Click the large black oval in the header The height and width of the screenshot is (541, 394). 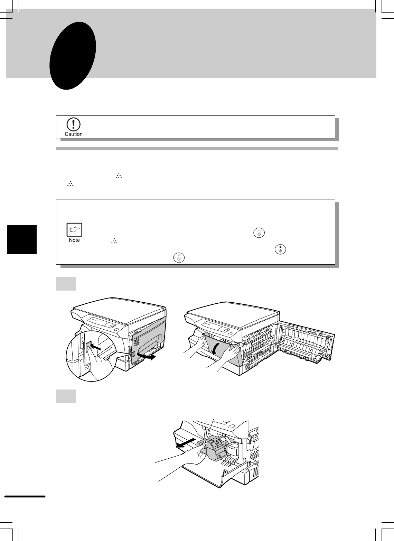pos(73,56)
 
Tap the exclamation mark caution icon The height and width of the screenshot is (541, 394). pos(73,125)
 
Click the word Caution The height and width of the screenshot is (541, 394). pos(74,134)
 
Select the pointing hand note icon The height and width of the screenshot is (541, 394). pos(74,229)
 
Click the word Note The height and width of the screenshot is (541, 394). pos(74,240)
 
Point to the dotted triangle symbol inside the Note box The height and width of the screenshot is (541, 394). pos(114,241)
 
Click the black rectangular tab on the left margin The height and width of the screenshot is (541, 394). pos(22,239)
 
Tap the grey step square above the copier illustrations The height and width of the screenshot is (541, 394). pos(66,284)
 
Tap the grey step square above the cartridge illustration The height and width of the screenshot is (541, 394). pos(66,396)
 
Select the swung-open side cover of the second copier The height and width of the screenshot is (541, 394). pos(305,343)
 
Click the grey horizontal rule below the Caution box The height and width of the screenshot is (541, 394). pos(197,148)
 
